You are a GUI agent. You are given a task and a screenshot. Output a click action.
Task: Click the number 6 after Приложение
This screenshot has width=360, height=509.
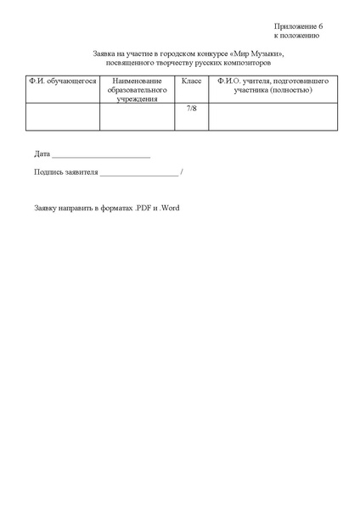click(x=320, y=27)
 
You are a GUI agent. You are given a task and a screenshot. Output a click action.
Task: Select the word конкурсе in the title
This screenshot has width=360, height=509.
click(x=198, y=54)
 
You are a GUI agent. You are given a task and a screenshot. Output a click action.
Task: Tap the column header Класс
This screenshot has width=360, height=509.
click(x=191, y=81)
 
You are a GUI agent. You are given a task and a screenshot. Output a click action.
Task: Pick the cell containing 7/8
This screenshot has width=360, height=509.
click(x=191, y=108)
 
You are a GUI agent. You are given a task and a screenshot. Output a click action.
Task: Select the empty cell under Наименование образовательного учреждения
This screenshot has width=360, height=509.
click(x=137, y=116)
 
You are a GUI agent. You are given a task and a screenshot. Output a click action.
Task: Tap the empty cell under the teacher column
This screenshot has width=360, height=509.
click(x=273, y=116)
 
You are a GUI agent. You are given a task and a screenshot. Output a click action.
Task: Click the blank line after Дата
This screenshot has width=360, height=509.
click(x=101, y=155)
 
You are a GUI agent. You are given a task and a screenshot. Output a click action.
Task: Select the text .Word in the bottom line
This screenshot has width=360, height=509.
click(x=169, y=208)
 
